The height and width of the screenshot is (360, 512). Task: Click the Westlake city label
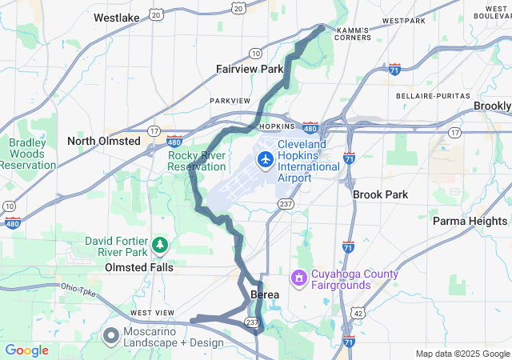pos(116,17)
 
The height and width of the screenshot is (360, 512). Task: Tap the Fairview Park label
pos(250,70)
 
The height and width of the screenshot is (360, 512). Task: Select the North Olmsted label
pos(104,141)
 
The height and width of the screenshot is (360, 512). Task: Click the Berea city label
pos(265,295)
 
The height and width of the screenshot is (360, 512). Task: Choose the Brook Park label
pos(380,194)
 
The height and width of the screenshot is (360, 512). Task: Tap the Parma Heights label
pos(470,221)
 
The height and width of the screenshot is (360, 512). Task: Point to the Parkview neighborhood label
pos(230,101)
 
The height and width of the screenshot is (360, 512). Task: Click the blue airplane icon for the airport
pos(265,160)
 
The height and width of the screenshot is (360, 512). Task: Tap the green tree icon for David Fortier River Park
pos(160,243)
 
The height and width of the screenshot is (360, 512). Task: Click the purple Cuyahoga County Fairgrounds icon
pos(299,278)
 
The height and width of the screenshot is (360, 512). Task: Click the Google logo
pos(27,350)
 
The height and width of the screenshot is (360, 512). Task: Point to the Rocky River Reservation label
pos(197,161)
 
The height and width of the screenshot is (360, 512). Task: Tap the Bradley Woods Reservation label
pos(28,154)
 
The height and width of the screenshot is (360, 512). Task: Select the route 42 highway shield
pos(359,312)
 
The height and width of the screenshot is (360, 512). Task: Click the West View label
pos(152,312)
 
